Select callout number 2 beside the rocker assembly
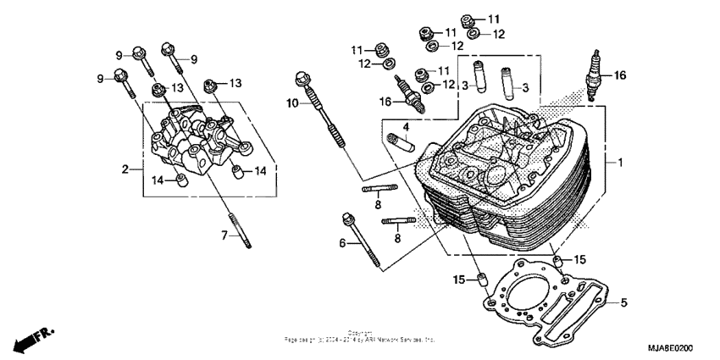point(125,169)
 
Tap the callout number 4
point(406,128)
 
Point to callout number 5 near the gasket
point(623,302)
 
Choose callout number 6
point(343,243)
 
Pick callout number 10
point(292,103)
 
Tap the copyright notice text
point(360,337)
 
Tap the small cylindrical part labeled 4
point(400,141)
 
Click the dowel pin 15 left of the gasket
point(481,280)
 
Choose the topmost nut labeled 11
point(468,19)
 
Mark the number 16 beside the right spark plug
point(620,75)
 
